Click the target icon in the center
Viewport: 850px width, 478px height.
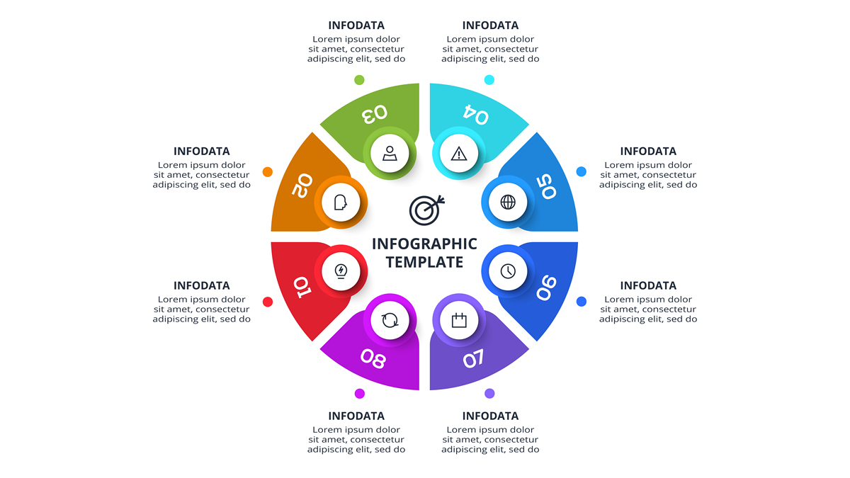tap(426, 210)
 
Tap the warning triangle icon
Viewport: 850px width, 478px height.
tap(459, 154)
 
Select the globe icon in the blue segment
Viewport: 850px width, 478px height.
tap(508, 203)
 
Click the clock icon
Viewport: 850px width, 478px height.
tap(508, 271)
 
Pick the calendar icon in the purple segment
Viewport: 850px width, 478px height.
tap(459, 320)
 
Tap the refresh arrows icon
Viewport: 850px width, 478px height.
tap(390, 320)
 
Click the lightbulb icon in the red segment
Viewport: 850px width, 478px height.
tap(341, 271)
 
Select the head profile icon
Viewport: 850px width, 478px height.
tap(341, 203)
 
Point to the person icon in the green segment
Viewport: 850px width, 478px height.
tap(390, 153)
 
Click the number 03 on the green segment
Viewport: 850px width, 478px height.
tap(375, 113)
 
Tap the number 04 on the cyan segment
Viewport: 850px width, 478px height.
tap(476, 114)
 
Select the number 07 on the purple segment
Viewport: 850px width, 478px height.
tap(474, 358)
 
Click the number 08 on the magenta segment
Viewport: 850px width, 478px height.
tap(373, 358)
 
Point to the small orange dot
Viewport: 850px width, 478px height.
tap(268, 172)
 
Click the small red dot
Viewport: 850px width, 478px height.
tap(268, 302)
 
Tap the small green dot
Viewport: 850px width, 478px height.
tap(359, 79)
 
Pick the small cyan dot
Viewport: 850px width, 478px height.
tap(489, 79)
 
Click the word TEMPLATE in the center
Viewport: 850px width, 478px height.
tap(424, 262)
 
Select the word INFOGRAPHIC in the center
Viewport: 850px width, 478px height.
tap(424, 244)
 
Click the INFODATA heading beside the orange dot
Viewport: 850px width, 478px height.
tap(201, 151)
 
